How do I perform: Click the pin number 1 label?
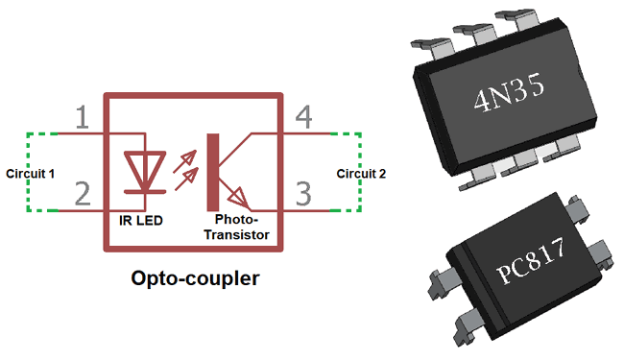(83, 118)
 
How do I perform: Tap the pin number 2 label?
(83, 194)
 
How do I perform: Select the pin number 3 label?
(303, 195)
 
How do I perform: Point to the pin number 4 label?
(303, 118)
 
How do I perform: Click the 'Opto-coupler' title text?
(195, 279)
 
